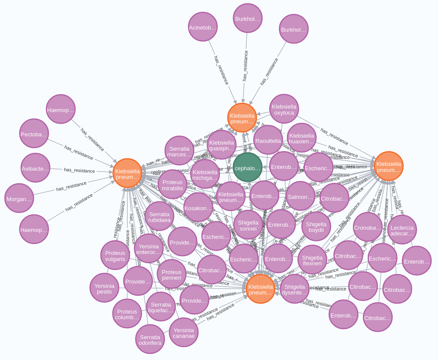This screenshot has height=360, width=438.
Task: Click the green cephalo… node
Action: pyautogui.click(x=247, y=167)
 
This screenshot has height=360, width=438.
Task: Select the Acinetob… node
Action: pyautogui.click(x=203, y=27)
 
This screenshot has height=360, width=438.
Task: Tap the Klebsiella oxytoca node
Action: pyautogui.click(x=284, y=109)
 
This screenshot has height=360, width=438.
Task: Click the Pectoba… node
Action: pyautogui.click(x=34, y=133)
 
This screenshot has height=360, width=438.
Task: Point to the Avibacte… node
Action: pyautogui.click(x=35, y=168)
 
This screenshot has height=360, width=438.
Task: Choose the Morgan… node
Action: pyautogui.click(x=19, y=198)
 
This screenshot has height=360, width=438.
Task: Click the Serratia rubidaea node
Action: pyautogui.click(x=159, y=216)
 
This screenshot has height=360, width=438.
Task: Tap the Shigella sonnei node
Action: pyautogui.click(x=248, y=225)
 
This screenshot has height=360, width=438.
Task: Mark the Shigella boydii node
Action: pyautogui.click(x=316, y=226)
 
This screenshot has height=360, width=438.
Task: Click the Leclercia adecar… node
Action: pyautogui.click(x=402, y=230)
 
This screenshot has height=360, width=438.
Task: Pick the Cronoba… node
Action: pyautogui.click(x=368, y=227)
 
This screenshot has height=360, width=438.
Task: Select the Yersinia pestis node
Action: pyautogui.click(x=104, y=287)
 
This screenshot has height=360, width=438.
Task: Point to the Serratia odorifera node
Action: pyautogui.click(x=150, y=339)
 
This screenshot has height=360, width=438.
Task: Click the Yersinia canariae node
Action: pyautogui.click(x=184, y=332)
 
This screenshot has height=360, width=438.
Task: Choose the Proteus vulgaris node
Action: pyautogui.click(x=115, y=255)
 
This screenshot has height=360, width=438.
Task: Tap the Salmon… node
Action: pyautogui.click(x=300, y=196)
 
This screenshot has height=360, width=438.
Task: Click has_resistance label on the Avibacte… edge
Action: pyautogui.click(x=79, y=170)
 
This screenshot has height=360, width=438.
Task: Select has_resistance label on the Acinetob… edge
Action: pyautogui.click(x=221, y=69)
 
